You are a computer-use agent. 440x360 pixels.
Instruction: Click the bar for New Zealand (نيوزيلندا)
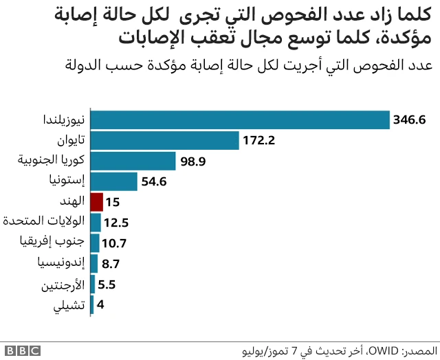coord(239,120)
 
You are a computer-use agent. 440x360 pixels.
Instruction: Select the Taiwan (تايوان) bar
coord(164,141)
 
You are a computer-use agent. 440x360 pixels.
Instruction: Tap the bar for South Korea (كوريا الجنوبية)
coord(133,161)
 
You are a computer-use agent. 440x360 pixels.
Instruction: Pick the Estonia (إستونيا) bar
coord(113,181)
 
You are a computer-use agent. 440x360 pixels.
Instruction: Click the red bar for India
coord(96,202)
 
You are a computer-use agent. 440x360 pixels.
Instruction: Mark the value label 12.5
coord(117,223)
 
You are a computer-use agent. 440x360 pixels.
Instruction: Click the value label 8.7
coord(111,264)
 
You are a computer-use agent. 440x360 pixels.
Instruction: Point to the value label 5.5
coord(108,284)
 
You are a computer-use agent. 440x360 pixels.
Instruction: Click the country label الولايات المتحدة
coord(43,222)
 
